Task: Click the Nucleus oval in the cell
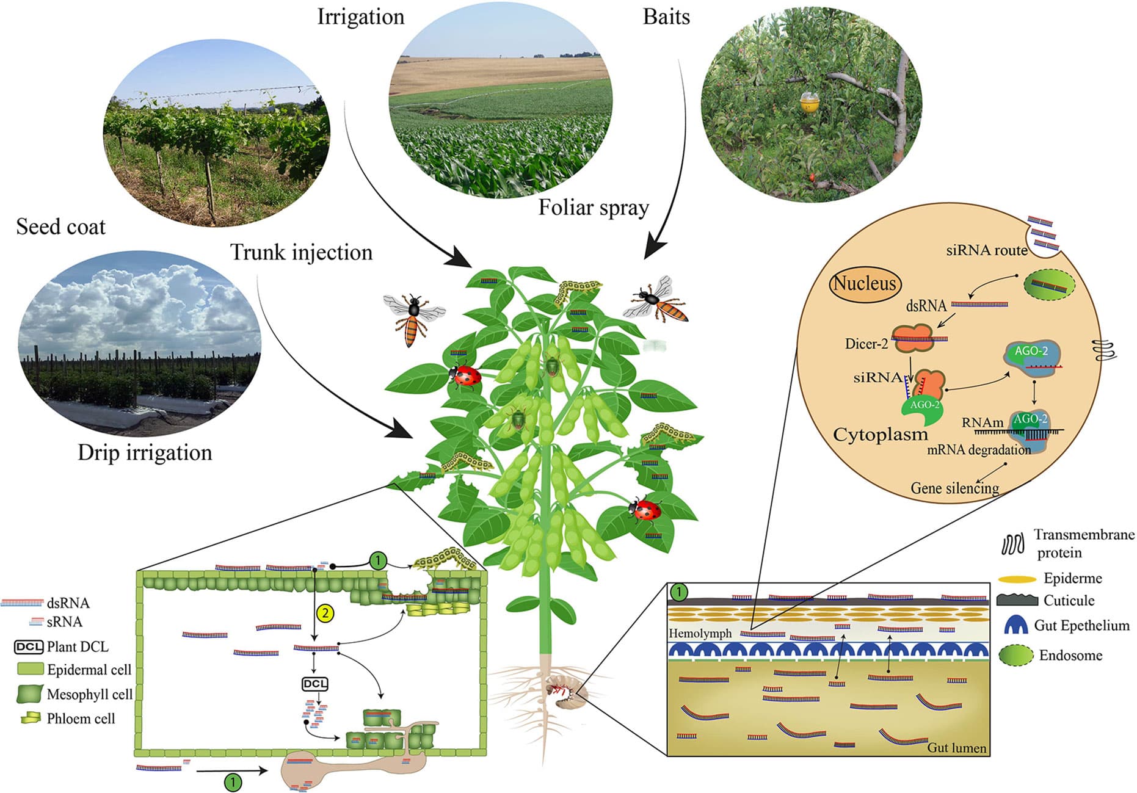point(865,283)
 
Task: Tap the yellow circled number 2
point(325,612)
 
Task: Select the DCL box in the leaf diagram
point(315,684)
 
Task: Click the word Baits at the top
point(666,16)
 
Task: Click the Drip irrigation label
point(145,452)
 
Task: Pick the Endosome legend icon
point(1016,655)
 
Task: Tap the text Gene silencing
point(954,488)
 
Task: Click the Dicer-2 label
point(866,344)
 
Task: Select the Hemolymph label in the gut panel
point(700,633)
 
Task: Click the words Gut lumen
point(956,747)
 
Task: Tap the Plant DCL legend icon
point(28,646)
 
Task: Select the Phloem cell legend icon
point(30,718)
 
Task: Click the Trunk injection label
point(301,252)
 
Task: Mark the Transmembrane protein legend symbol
point(1012,544)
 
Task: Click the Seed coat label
point(60,226)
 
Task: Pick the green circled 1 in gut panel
point(678,592)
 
